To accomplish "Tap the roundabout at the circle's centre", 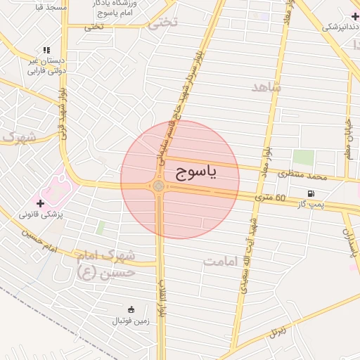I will (159, 186).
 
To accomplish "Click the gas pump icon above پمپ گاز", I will (311, 193).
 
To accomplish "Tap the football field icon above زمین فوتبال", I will (131, 309).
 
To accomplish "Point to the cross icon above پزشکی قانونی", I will (40, 203).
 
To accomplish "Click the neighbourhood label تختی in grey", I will (162, 22).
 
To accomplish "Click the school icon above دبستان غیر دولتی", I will (46, 50).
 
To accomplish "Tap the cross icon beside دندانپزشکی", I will (355, 16).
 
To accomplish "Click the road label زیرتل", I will (279, 329).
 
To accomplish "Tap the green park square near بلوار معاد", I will (303, 157).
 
